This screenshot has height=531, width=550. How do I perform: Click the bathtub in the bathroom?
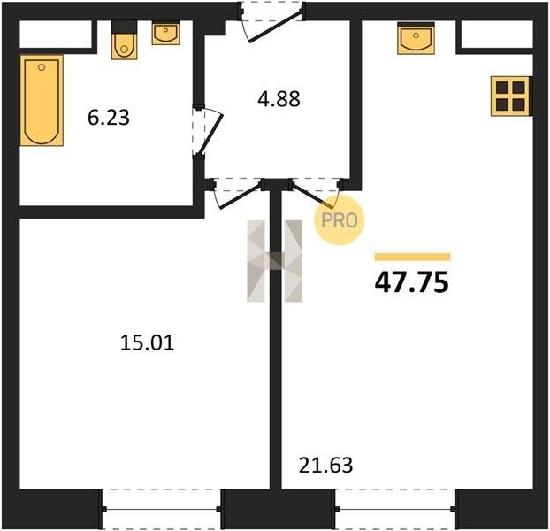coord(42,100)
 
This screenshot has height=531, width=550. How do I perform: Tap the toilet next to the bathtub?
coord(124,40)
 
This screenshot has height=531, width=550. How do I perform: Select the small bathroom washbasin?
coord(166,34)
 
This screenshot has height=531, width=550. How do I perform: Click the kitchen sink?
coord(416,38)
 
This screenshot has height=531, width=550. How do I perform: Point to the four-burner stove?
coord(511,96)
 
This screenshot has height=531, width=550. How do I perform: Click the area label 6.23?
coord(109,118)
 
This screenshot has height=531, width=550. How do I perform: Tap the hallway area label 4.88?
coord(279,99)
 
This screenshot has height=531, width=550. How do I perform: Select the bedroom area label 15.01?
coord(148,342)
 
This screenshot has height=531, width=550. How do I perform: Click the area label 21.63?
coord(326,466)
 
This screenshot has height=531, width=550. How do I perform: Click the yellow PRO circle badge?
coord(340,220)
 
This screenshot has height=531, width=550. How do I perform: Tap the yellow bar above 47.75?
coord(412,257)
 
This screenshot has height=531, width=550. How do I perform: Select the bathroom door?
coord(207,131)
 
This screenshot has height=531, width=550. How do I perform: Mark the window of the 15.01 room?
coord(161,509)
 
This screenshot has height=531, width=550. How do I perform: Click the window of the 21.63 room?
coord(395,509)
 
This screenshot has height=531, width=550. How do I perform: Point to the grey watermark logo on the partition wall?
coord(275,261)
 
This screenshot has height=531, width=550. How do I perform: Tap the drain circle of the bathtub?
coord(42,67)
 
